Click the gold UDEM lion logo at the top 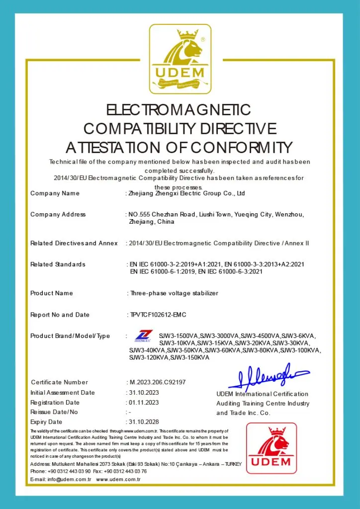click(x=180, y=58)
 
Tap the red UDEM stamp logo click(x=271, y=448)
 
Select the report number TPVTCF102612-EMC click(x=158, y=315)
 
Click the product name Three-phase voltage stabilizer click(x=174, y=293)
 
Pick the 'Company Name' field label click(x=55, y=193)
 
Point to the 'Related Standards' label click(x=58, y=264)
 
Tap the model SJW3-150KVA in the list click(x=189, y=357)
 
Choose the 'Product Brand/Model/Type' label click(x=70, y=336)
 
